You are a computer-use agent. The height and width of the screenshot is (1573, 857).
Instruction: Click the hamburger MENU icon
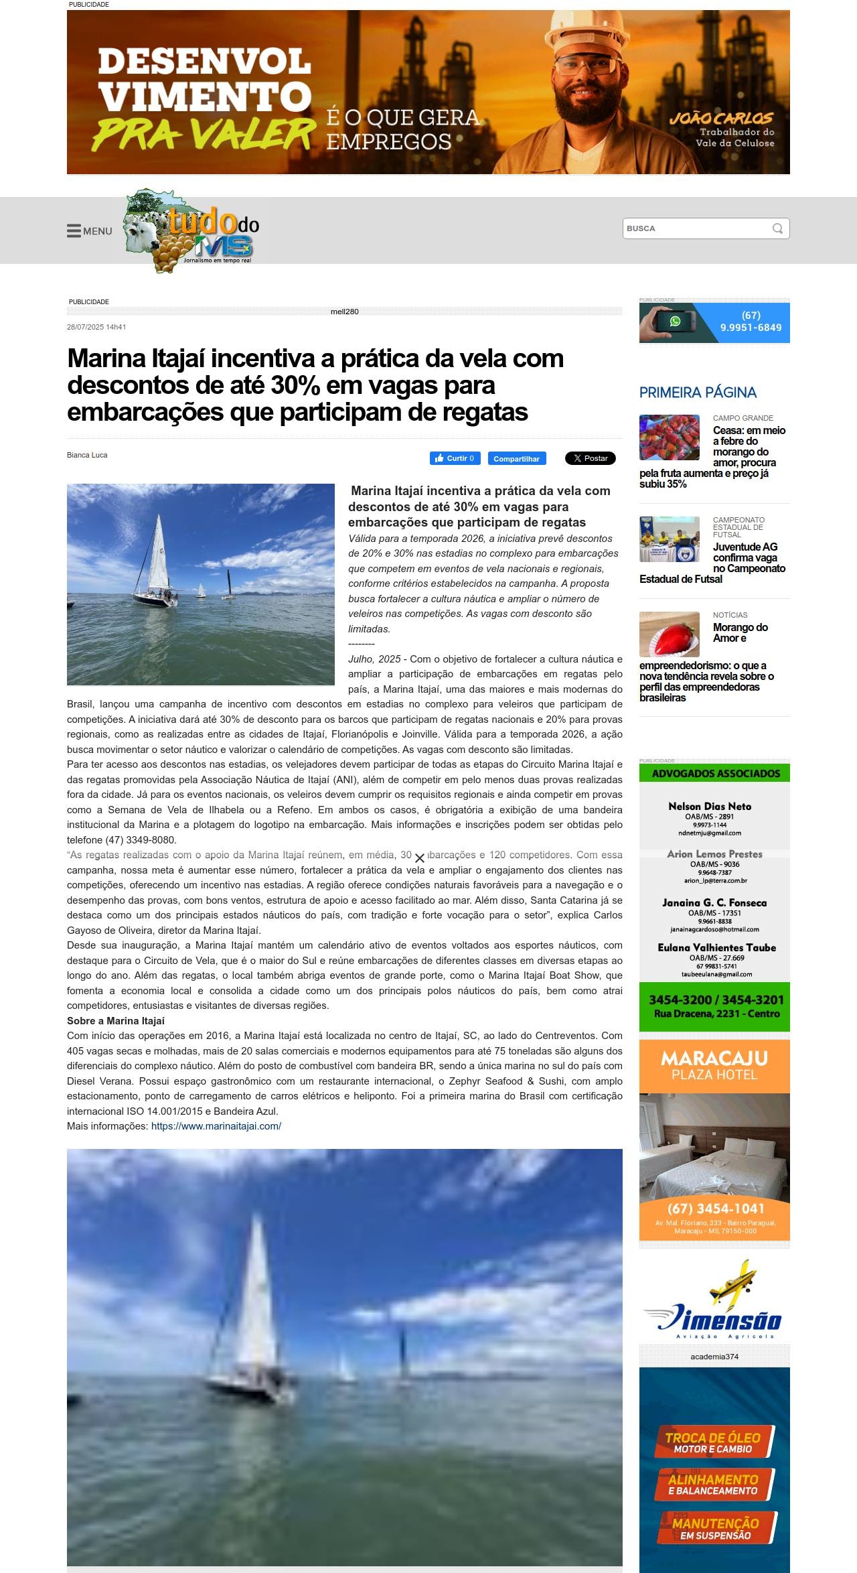pos(74,231)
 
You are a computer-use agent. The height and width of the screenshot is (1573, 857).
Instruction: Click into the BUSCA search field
pos(696,228)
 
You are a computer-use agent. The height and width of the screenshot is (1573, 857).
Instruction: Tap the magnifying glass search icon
pos(777,228)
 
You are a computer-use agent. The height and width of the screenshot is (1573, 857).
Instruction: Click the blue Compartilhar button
pos(516,459)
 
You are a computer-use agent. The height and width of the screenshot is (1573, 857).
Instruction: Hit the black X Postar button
pos(590,458)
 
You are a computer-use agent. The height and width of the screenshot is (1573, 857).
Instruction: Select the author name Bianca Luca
pos(87,455)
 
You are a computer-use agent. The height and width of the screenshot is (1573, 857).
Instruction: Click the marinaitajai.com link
pos(216,1126)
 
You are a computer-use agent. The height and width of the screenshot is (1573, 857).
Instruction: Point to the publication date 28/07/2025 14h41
pos(96,327)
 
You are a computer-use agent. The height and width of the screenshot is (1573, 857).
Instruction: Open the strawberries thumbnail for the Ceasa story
pos(669,437)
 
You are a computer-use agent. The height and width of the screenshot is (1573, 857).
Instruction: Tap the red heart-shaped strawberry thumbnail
pos(669,634)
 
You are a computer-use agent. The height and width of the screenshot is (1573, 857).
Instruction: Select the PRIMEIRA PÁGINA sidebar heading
pos(698,393)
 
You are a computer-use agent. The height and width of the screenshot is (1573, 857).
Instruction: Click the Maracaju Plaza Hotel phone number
pos(715,1209)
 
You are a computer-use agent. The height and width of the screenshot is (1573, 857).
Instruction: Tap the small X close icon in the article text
pos(420,858)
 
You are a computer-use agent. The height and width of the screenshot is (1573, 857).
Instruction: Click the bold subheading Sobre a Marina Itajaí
pos(116,1021)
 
